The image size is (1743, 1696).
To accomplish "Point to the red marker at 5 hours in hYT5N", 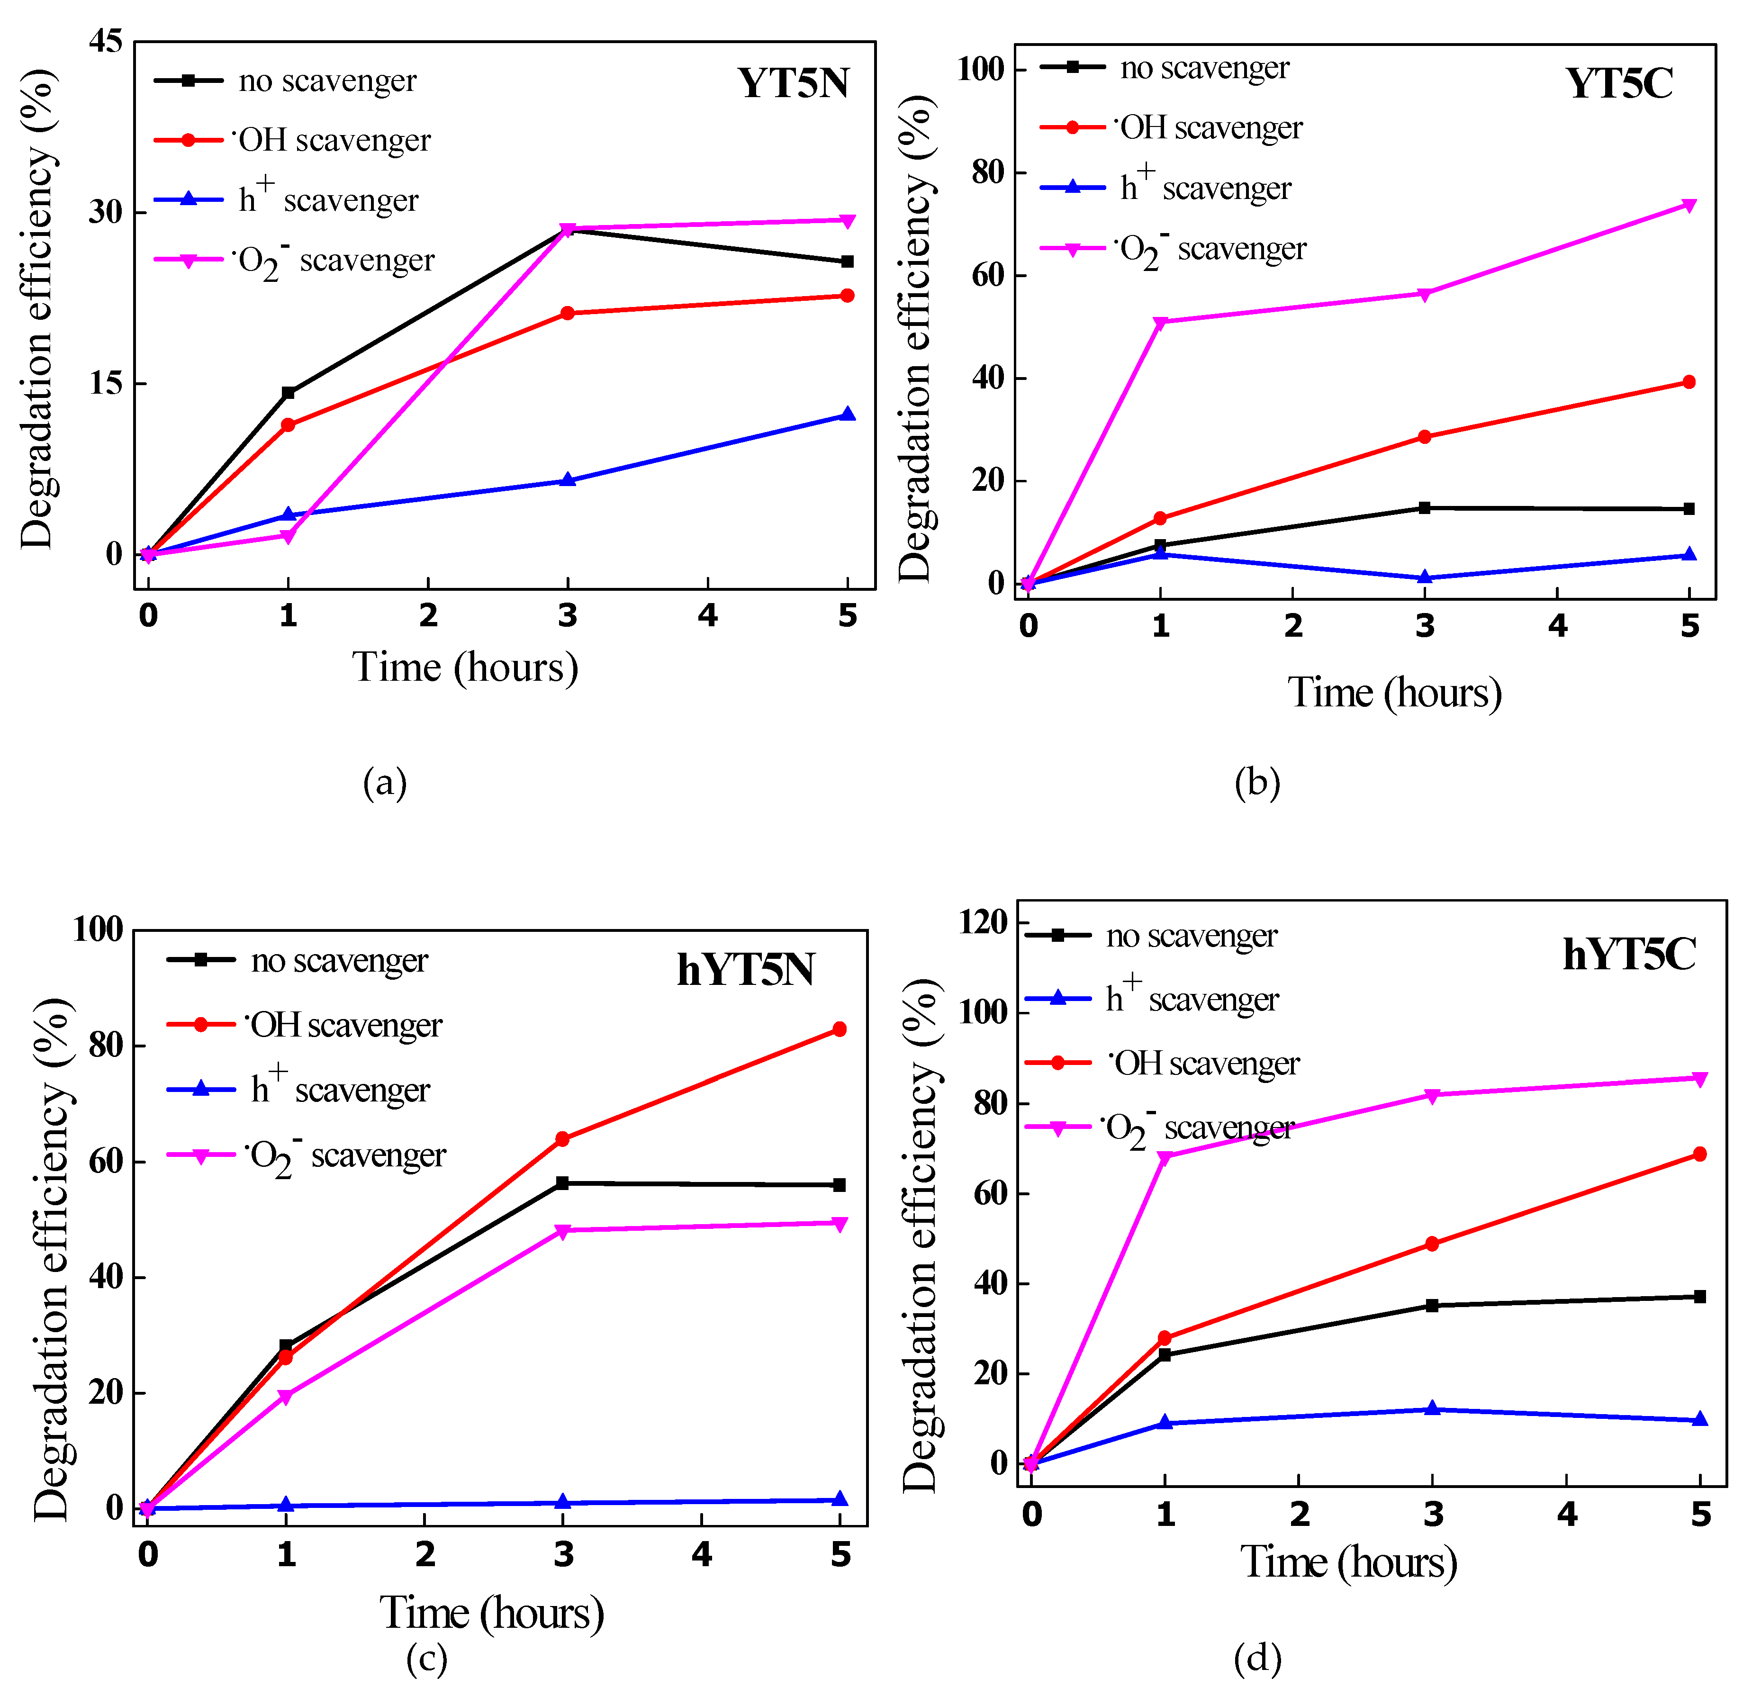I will pos(839,1029).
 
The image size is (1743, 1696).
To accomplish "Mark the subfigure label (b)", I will pos(1257,782).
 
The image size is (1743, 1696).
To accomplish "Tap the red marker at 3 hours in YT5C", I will pos(1424,436).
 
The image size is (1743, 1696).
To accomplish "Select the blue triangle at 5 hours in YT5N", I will pos(847,414).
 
